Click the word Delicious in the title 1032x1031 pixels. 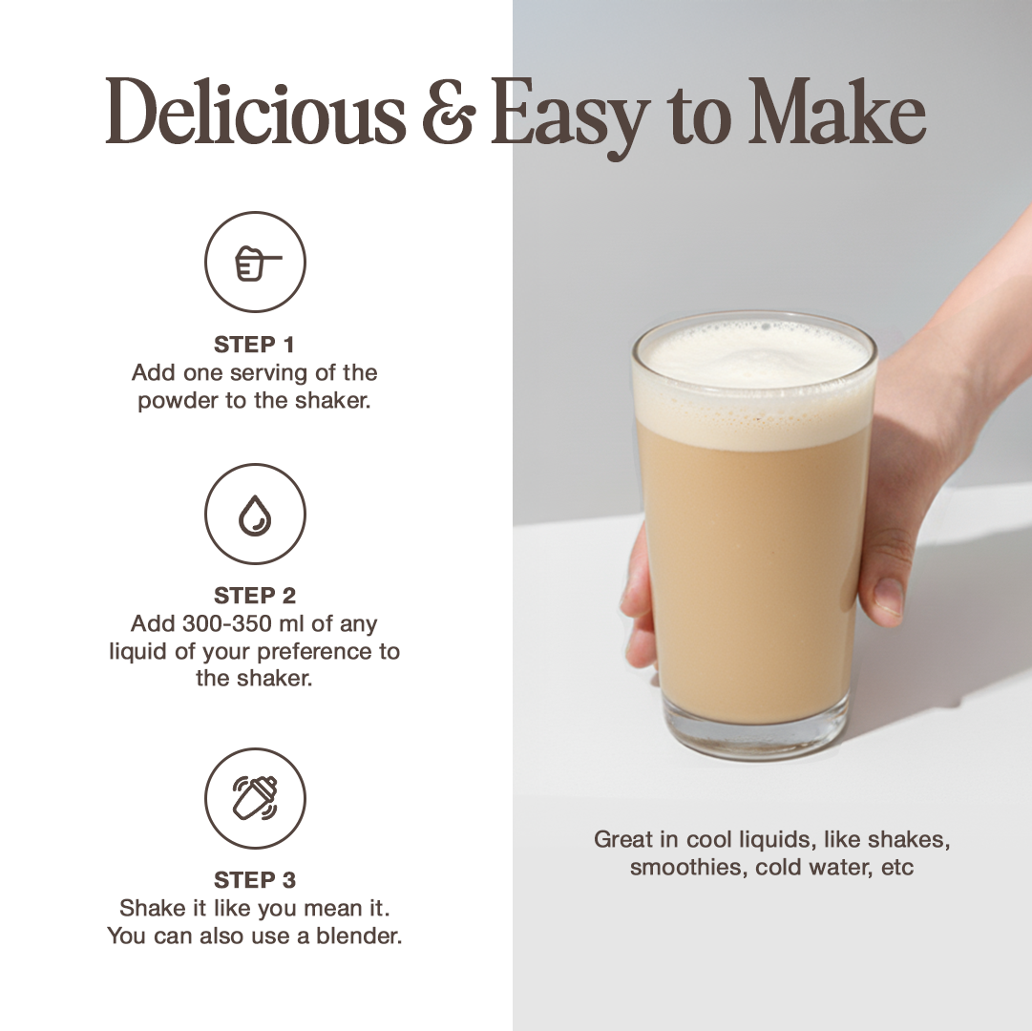(x=255, y=111)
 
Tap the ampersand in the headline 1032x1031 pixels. (x=449, y=112)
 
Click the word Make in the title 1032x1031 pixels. (x=836, y=111)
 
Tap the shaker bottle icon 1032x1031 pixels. (x=255, y=798)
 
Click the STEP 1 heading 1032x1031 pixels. (x=254, y=344)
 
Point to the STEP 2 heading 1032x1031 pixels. (x=255, y=596)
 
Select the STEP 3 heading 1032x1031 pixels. (x=255, y=879)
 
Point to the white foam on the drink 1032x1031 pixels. (x=755, y=382)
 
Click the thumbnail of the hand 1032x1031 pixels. (x=889, y=597)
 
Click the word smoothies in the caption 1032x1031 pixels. (x=688, y=867)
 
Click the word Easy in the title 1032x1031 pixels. (x=570, y=116)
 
